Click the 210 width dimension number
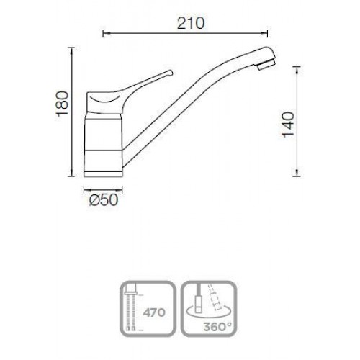191,23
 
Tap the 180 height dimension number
62,104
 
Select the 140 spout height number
288,125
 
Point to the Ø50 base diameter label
104,200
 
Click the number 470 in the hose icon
154,312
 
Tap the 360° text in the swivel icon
217,327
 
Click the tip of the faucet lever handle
171,73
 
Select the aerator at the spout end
266,64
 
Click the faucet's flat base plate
103,174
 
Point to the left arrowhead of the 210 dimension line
104,34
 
